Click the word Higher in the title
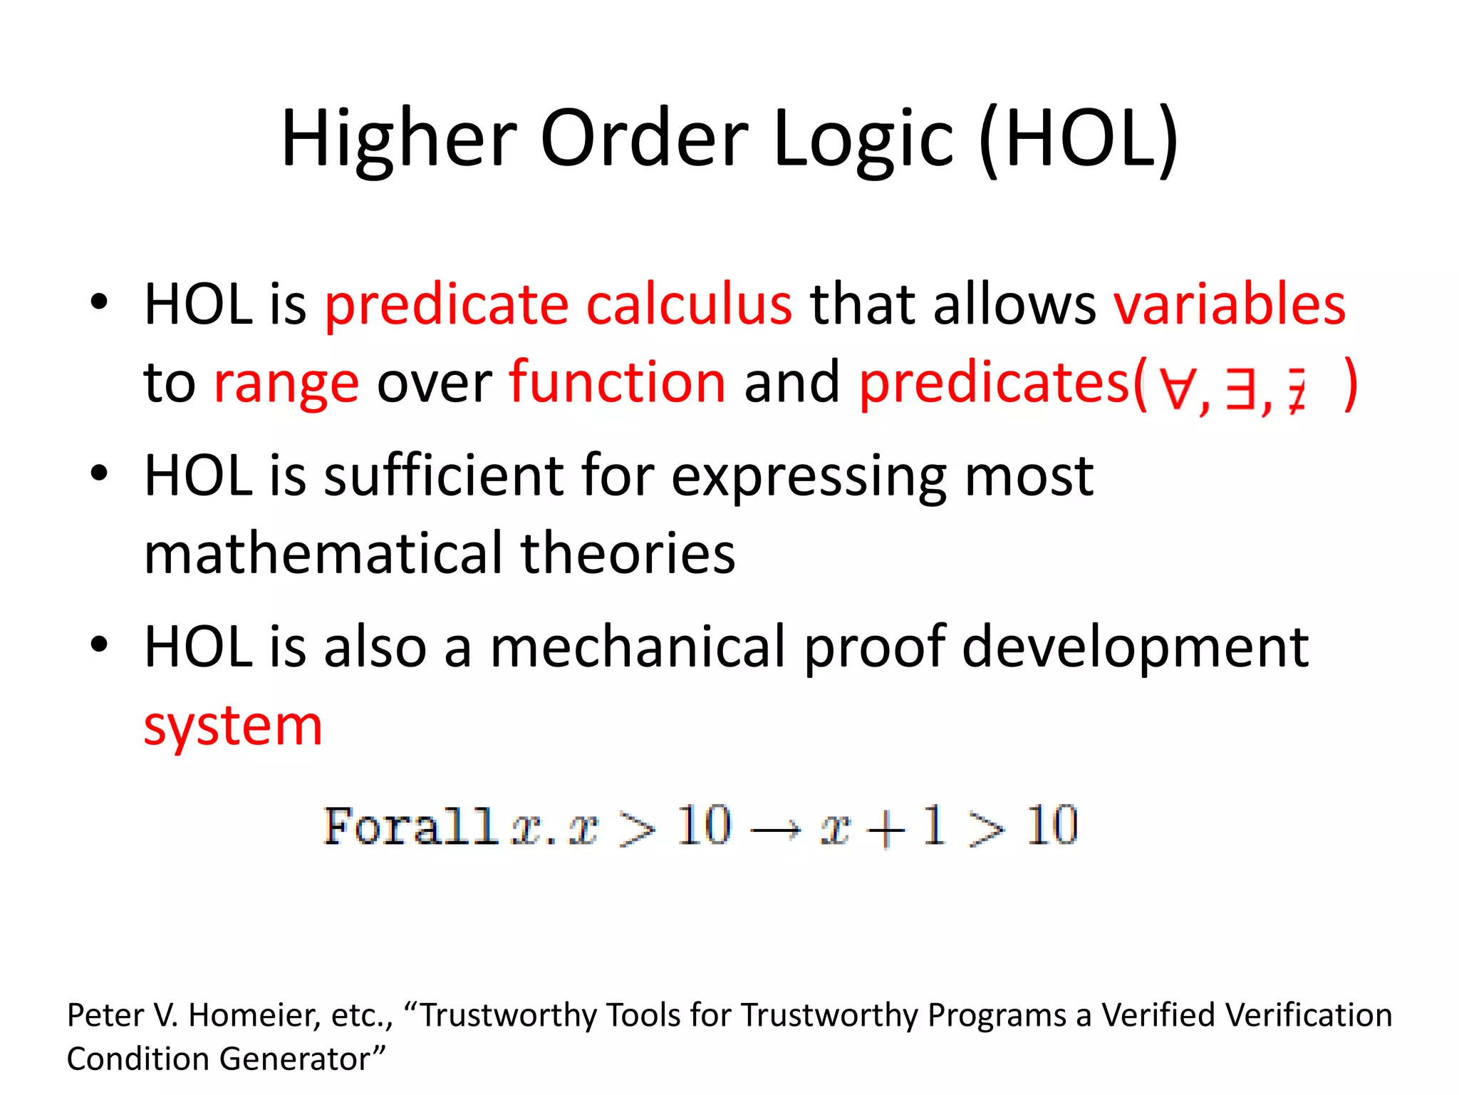(399, 139)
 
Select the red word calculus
(688, 305)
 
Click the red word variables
(1230, 305)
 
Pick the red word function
(617, 384)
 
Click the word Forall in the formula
(410, 827)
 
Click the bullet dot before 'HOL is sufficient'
(99, 473)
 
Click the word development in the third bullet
(1135, 647)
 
